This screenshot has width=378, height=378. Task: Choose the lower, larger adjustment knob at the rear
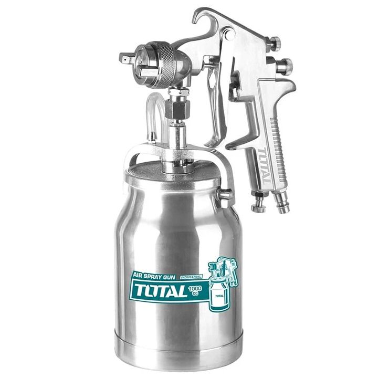click(x=285, y=66)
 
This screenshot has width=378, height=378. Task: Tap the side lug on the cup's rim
click(x=226, y=195)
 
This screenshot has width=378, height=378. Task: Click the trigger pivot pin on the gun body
click(x=228, y=35)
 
